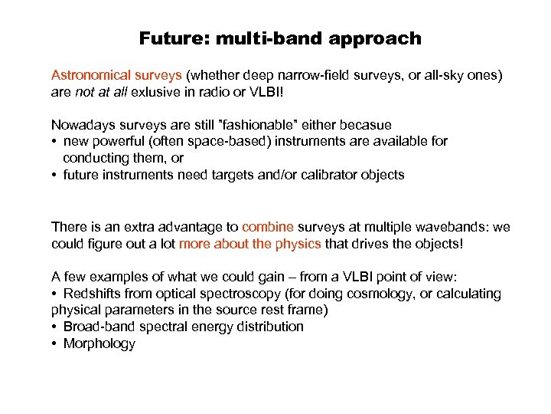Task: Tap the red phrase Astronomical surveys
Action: click(x=116, y=75)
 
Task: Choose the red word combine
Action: click(x=267, y=227)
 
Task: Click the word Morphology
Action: click(x=99, y=343)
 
